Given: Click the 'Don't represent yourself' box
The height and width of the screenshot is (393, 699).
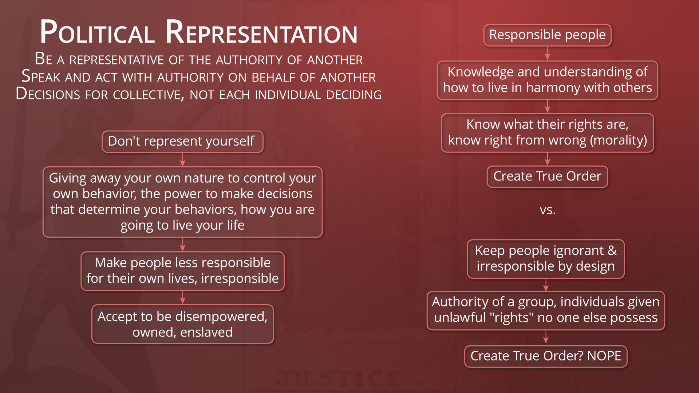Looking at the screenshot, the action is point(182,142).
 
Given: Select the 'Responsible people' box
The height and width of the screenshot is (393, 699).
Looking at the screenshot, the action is point(547,35).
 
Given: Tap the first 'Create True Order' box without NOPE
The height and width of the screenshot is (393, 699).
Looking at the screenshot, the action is point(547,177).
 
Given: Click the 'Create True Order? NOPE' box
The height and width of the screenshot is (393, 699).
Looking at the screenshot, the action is point(546,356).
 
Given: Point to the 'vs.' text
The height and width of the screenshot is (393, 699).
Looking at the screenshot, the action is point(548,210).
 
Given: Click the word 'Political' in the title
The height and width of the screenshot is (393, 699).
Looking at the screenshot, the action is point(97,32).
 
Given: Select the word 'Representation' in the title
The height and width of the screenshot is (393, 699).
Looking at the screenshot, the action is point(261,32).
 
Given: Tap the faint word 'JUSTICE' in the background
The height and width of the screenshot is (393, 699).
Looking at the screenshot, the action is point(339,378).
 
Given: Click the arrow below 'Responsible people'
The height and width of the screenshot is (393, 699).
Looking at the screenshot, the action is point(548,53).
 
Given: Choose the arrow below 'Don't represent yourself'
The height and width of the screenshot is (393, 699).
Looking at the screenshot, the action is point(183,160).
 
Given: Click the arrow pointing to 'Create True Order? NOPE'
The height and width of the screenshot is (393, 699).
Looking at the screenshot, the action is point(546,337).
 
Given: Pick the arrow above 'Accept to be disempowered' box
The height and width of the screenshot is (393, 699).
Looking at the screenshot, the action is point(183,297).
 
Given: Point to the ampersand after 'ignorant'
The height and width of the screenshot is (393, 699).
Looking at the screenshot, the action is point(612,251).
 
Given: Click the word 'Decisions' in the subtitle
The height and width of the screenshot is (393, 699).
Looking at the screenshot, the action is point(48,94).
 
